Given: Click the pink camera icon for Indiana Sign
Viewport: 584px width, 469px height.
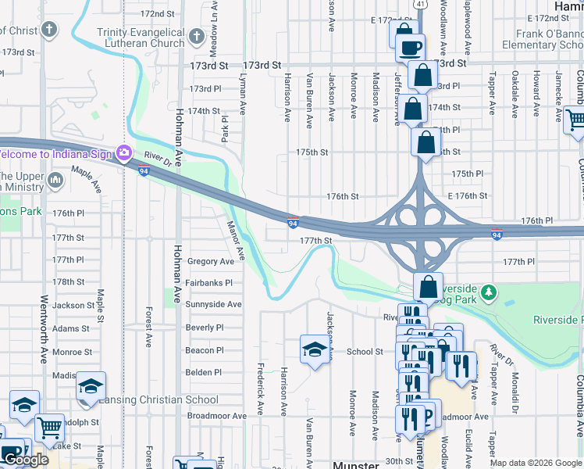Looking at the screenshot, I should pyautogui.click(x=123, y=152).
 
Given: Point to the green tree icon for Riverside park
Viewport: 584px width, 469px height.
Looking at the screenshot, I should pyautogui.click(x=489, y=292).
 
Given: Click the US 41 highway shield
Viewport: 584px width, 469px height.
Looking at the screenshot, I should pyautogui.click(x=421, y=5).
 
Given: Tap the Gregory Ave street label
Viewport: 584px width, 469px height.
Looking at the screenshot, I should pyautogui.click(x=210, y=261).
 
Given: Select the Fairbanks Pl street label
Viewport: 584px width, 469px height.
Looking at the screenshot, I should pyautogui.click(x=209, y=283).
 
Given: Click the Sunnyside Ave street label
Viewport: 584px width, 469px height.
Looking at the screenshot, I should pyautogui.click(x=213, y=304).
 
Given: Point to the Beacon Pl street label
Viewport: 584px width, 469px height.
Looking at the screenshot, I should pyautogui.click(x=205, y=351).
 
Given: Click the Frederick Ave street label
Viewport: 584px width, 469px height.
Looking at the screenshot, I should pyautogui.click(x=260, y=388).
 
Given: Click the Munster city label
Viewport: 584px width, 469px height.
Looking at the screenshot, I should pyautogui.click(x=355, y=464).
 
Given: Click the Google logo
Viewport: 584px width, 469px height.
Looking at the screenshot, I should pyautogui.click(x=26, y=460).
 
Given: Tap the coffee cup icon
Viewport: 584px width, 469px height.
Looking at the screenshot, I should pyautogui.click(x=410, y=48).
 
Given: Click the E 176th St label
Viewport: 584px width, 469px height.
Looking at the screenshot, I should pyautogui.click(x=468, y=196).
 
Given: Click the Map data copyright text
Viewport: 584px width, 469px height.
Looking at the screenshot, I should pyautogui.click(x=536, y=463).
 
